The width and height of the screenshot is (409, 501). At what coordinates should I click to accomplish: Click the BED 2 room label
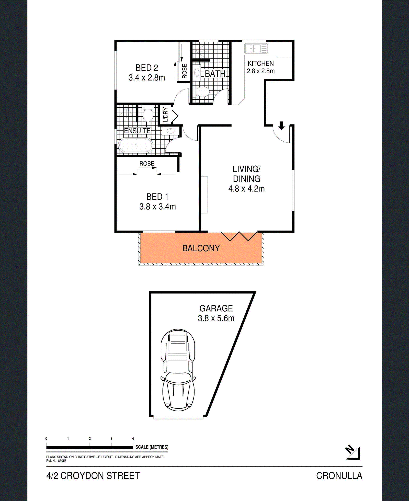147,68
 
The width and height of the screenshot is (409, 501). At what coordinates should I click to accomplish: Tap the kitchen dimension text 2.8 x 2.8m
260,71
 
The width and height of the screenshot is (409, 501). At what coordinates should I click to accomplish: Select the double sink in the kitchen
256,48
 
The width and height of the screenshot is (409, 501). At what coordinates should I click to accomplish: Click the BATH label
215,74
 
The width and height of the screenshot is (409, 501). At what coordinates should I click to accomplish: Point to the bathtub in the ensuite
135,145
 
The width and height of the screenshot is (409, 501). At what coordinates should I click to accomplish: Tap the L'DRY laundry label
165,115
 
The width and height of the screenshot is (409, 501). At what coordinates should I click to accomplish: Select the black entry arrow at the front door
281,126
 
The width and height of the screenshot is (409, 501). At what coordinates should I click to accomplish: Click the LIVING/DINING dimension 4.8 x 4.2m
246,189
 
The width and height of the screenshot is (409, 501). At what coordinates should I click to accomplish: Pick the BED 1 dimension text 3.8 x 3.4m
157,207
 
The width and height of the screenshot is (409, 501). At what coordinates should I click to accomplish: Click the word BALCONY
201,248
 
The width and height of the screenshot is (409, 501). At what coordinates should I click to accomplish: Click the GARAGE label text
216,308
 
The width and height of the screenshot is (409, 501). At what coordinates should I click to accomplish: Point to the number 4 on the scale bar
133,438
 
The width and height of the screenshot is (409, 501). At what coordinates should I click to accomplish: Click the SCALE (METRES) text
152,447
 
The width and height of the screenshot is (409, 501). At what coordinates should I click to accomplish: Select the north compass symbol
353,453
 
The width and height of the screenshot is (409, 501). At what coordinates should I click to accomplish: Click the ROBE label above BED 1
147,163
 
